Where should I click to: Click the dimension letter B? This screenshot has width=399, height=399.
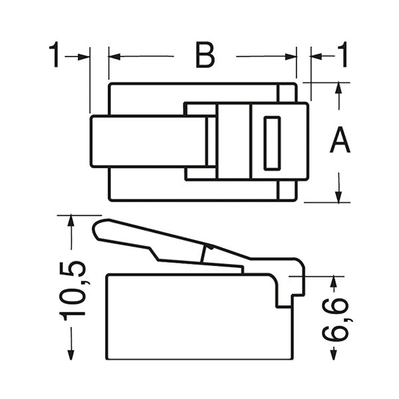coord(205,56)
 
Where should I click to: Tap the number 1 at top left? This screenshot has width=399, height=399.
coord(55,57)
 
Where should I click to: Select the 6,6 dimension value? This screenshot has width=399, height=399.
coord(340,319)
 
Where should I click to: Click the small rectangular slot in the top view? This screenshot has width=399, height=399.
coord(272,142)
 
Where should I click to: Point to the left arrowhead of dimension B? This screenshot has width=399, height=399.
coord(114,57)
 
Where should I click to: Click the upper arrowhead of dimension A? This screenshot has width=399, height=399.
coord(339,88)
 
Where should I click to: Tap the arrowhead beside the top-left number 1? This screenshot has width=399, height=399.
coord(84,57)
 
